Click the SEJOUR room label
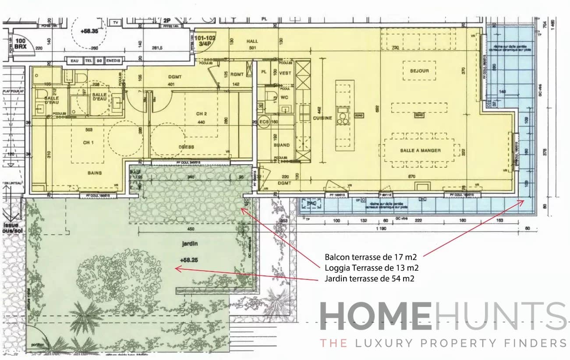point(419,71)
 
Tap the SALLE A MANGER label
point(420,150)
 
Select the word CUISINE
point(322,118)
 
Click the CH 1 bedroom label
point(89,142)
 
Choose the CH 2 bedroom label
point(201,113)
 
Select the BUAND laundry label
point(281,145)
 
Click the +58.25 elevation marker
point(189,260)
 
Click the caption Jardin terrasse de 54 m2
point(369,278)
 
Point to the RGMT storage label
point(237,74)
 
